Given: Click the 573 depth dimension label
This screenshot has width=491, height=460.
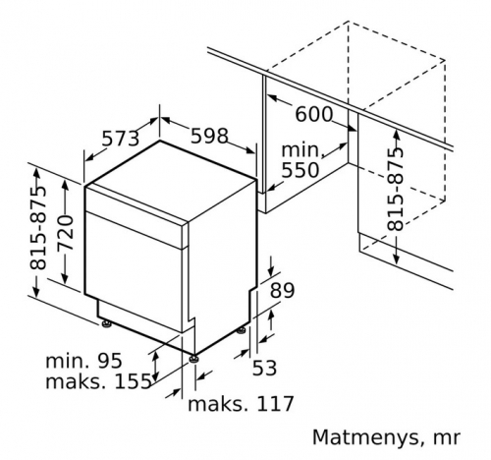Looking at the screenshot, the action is coord(121,139).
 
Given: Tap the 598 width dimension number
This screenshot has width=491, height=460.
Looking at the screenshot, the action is coord(209,136).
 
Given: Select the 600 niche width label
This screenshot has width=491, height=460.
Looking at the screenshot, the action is coord(313,114).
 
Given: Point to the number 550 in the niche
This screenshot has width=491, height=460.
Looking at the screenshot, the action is coord(300,170).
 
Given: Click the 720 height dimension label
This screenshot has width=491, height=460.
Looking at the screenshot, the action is coord(65,233).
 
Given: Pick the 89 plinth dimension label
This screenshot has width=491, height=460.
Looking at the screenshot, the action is coord(282,290).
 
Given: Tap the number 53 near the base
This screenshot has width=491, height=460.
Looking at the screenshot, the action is coord(264,368).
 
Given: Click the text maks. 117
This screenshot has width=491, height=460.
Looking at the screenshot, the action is coord(241,404).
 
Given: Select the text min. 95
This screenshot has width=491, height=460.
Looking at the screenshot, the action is coord(83,361).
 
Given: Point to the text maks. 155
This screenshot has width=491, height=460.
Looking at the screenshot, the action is coord(98,381).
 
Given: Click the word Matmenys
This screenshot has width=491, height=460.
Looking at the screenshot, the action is coord(365,437).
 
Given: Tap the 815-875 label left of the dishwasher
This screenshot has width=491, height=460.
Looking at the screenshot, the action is coord(38,228).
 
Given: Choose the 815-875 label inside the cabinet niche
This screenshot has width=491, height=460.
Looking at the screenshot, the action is coord(395,190).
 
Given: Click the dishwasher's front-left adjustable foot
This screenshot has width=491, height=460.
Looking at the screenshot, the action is coord(106,323).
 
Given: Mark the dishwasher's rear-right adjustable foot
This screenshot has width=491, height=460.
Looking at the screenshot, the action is coord(242,330).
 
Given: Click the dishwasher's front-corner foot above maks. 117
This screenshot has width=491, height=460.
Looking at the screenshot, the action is coord(193,358).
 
